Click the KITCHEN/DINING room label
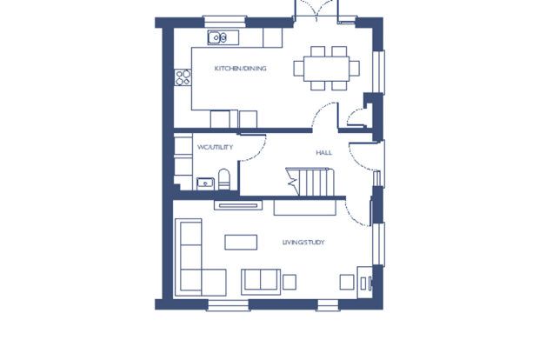pyautogui.click(x=241, y=68)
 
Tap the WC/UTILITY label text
pyautogui.click(x=215, y=147)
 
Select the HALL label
pyautogui.click(x=323, y=153)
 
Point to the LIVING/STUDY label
pyautogui.click(x=303, y=242)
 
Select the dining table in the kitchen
pyautogui.click(x=327, y=67)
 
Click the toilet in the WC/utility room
pyautogui.click(x=225, y=180)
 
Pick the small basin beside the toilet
pyautogui.click(x=206, y=182)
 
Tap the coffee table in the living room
pyautogui.click(x=241, y=242)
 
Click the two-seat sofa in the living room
pyautogui.click(x=260, y=280)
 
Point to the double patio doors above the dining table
pyautogui.click(x=315, y=10)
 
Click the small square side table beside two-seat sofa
pyautogui.click(x=289, y=282)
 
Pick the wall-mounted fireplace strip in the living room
pyautogui.click(x=236, y=205)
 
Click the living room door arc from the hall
pyautogui.click(x=355, y=212)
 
